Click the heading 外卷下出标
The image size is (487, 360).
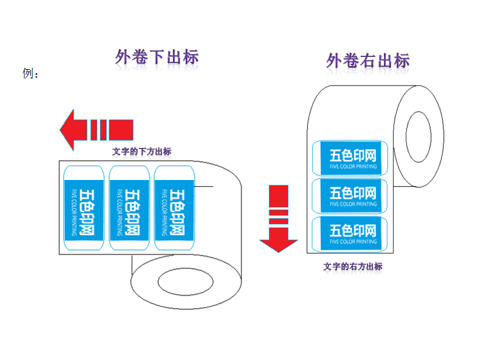157,58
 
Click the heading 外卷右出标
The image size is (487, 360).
368,61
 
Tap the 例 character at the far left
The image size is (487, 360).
27,74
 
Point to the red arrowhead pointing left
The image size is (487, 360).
68,129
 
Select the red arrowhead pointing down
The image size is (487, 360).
278,242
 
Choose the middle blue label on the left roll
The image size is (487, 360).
129,208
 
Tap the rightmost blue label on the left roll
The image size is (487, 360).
173,208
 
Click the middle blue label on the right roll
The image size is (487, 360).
349,196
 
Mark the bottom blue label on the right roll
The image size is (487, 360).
349,233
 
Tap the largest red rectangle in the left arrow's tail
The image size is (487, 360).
121,129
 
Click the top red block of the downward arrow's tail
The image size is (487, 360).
278,195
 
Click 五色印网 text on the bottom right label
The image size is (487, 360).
353,230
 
